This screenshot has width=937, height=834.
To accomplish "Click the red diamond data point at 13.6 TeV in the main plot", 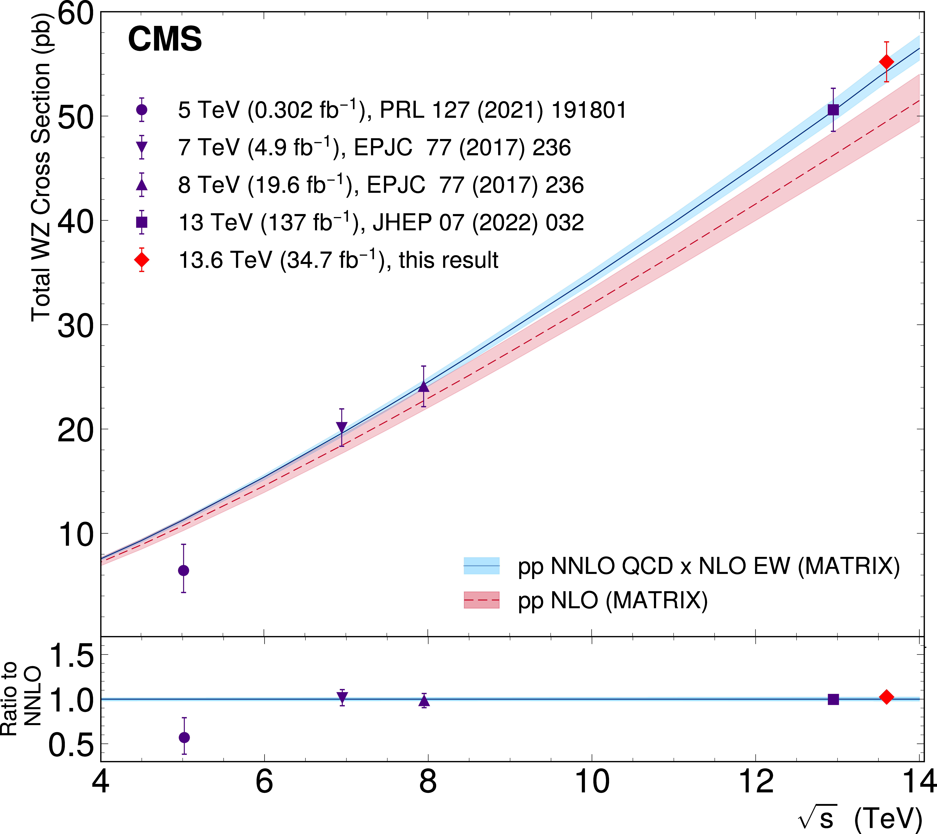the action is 886,61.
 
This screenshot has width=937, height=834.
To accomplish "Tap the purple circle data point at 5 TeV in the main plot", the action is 183,570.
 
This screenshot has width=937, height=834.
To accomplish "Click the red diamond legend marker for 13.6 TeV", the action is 142,260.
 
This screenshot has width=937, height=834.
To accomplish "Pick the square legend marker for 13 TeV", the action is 142,222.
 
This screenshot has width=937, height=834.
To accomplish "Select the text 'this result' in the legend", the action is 448,260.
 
